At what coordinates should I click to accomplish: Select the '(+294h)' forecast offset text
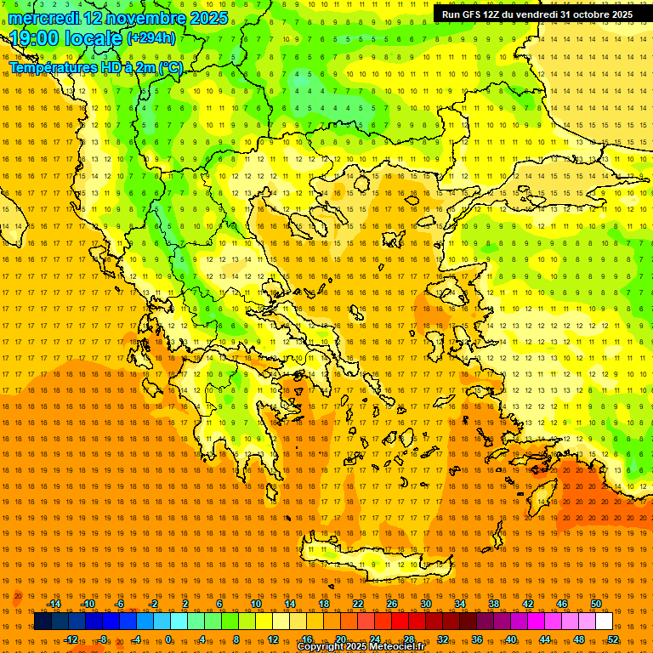point(151,37)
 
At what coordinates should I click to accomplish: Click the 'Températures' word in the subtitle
point(52,67)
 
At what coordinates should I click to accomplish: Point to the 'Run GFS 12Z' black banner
point(537,14)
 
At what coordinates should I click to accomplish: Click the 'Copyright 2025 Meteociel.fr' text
point(361,647)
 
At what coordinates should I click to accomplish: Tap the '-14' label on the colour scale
point(54,604)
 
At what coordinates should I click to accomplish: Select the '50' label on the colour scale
point(596,604)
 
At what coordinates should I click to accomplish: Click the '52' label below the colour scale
point(613,639)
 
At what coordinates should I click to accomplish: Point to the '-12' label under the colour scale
point(71,639)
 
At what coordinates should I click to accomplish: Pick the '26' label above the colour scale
point(392,604)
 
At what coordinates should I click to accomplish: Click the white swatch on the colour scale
point(604,622)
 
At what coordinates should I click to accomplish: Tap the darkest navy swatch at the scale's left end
point(43,622)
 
